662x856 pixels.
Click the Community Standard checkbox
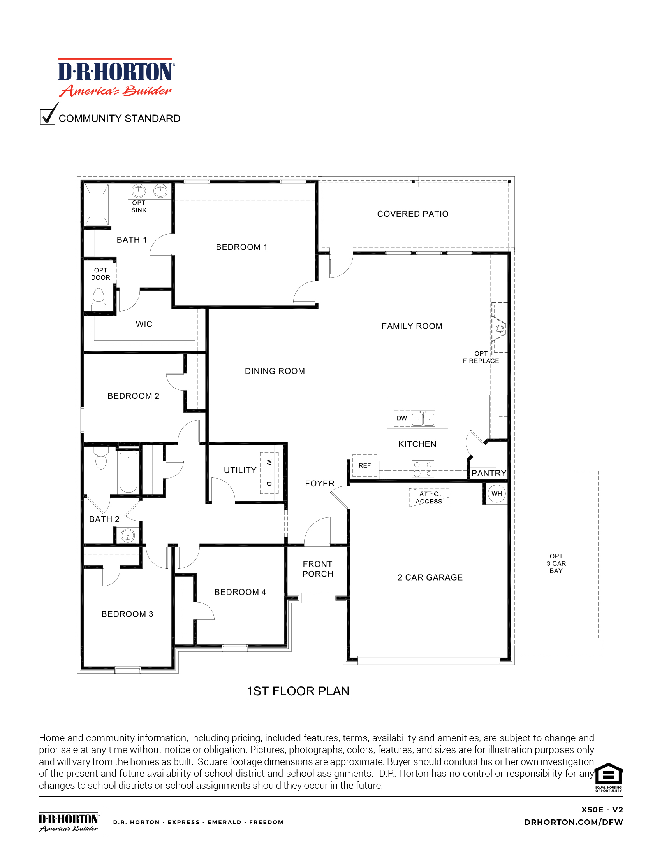click(x=48, y=117)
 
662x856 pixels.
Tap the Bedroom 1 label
click(x=241, y=247)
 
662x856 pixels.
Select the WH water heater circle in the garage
click(x=496, y=494)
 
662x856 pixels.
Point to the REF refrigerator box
click(x=364, y=465)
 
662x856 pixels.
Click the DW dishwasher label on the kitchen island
click(x=401, y=418)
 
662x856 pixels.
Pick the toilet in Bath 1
click(x=99, y=300)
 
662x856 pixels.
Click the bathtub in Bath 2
click(x=128, y=472)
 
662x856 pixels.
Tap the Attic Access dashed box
click(x=429, y=498)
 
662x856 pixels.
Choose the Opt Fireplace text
click(x=481, y=357)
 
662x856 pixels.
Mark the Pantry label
click(x=489, y=473)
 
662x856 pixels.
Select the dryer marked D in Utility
click(x=269, y=484)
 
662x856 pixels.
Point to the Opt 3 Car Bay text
click(x=556, y=563)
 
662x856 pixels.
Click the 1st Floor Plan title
click(x=298, y=691)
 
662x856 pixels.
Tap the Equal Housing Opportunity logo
click(x=608, y=778)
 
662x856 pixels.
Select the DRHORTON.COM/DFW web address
click(x=573, y=822)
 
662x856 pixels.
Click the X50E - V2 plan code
click(x=602, y=809)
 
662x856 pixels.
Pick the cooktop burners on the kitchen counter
click(x=423, y=469)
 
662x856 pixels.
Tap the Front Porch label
click(x=317, y=569)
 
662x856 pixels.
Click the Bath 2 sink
click(x=128, y=535)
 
